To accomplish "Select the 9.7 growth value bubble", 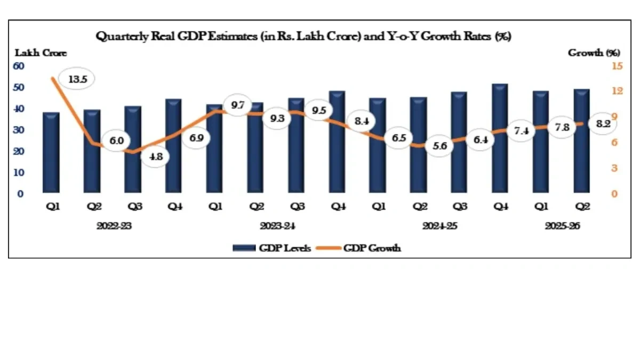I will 237,105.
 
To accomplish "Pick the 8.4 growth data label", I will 361,121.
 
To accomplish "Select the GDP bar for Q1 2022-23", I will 51,153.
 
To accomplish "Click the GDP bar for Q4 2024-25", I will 500,138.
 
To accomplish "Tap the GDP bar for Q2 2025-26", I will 581,141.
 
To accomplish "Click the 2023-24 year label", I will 277,226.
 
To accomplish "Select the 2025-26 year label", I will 562,226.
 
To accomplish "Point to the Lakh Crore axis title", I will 41,53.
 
